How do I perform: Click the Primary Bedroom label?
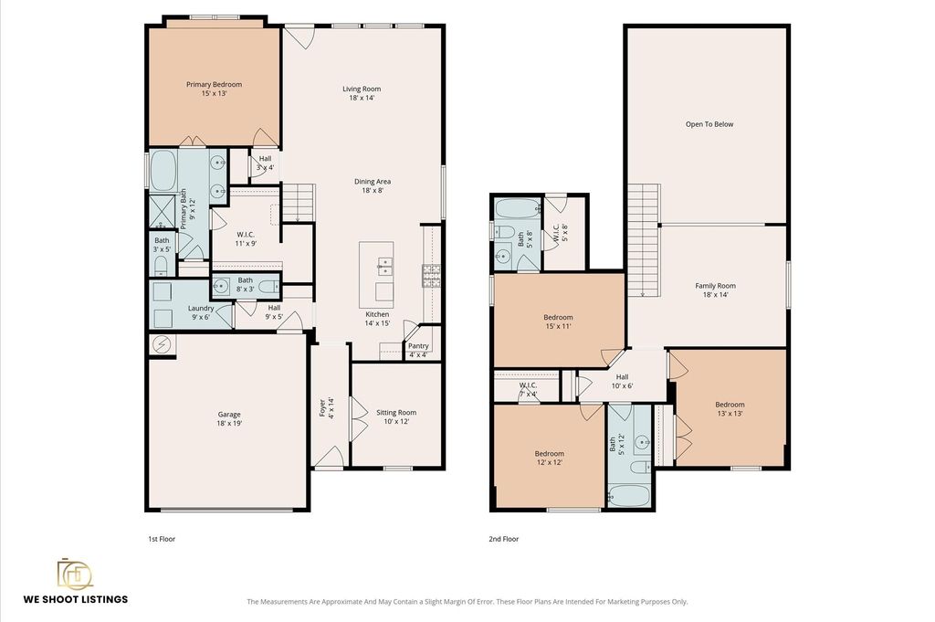tap(214, 89)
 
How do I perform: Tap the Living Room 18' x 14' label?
tap(362, 93)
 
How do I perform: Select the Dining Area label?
tap(373, 186)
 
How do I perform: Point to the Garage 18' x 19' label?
tap(229, 418)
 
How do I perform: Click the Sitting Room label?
tap(396, 416)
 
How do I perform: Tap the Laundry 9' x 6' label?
tap(201, 312)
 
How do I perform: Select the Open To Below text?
tap(709, 124)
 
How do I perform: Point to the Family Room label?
tap(716, 290)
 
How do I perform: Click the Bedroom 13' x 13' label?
tap(730, 408)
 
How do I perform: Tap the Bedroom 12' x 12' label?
tap(549, 458)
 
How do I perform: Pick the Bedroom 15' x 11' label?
tap(558, 322)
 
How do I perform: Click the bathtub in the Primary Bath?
tap(163, 171)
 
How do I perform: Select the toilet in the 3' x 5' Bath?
tap(162, 266)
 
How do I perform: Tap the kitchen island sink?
tap(384, 266)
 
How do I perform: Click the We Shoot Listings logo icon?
tap(75, 574)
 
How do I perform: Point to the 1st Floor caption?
tap(162, 539)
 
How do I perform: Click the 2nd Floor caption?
tap(504, 539)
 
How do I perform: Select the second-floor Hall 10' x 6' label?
tap(622, 381)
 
